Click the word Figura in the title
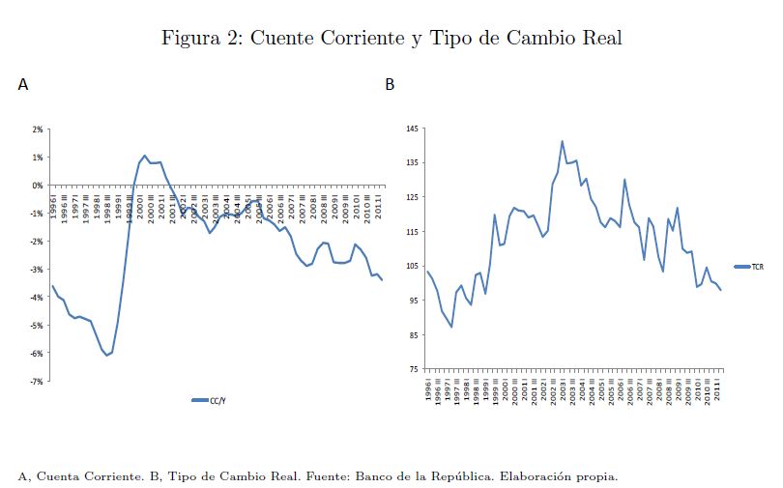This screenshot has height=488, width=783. (x=189, y=39)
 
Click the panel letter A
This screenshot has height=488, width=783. (x=23, y=85)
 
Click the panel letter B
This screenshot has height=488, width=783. (x=390, y=85)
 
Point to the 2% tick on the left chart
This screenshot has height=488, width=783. (x=38, y=129)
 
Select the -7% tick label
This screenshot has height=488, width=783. (x=37, y=382)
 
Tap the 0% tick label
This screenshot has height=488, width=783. (x=39, y=185)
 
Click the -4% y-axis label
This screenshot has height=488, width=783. (x=37, y=298)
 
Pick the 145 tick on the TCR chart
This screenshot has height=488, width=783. (x=412, y=129)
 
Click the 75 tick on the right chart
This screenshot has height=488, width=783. (x=414, y=369)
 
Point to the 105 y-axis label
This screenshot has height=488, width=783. (x=412, y=266)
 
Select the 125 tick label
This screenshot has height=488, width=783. (x=412, y=197)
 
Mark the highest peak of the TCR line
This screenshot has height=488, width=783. (x=562, y=141)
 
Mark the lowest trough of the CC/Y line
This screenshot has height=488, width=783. (x=107, y=356)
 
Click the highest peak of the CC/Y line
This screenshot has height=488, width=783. (x=144, y=155)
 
